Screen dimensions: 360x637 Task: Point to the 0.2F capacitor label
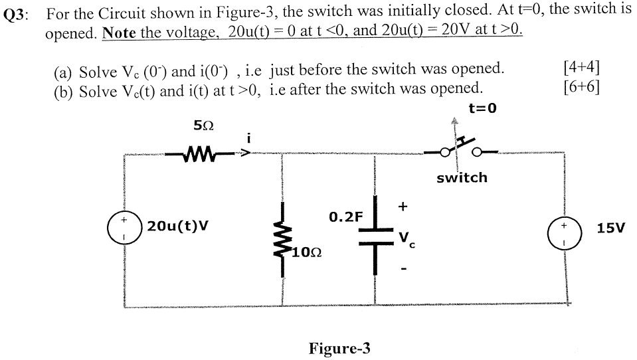point(346,217)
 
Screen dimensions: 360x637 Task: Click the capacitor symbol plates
point(374,234)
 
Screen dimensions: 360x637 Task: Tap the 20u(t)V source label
point(178,226)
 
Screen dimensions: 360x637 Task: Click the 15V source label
point(610,228)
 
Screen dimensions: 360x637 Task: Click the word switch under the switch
point(462,177)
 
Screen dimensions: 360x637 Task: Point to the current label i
point(248,138)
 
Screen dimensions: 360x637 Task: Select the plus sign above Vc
point(403,207)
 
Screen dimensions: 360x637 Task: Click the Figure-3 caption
point(339,348)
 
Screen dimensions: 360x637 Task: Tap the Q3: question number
point(18,15)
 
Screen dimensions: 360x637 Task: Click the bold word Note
point(120,31)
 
